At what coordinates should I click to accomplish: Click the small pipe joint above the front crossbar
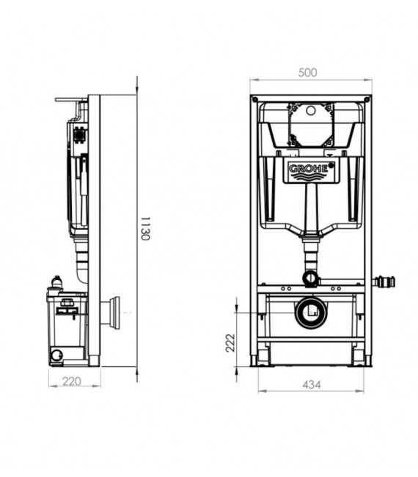[310, 278]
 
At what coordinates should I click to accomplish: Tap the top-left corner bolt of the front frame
[254, 99]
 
